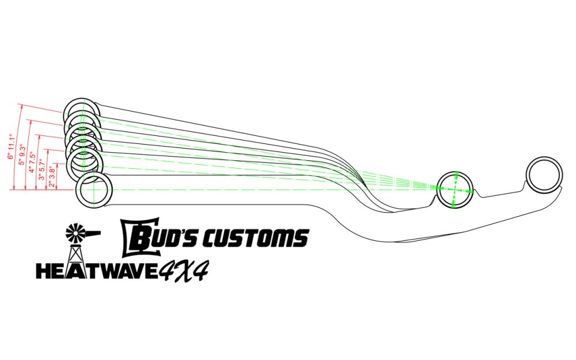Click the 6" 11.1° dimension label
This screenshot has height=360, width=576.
point(10,147)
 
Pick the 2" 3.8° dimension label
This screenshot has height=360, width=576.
point(52,175)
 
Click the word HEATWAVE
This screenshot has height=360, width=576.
point(97,271)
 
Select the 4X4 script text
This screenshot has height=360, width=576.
point(183,270)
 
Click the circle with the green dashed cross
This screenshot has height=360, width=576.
point(455,190)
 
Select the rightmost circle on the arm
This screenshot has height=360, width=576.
point(544,176)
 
